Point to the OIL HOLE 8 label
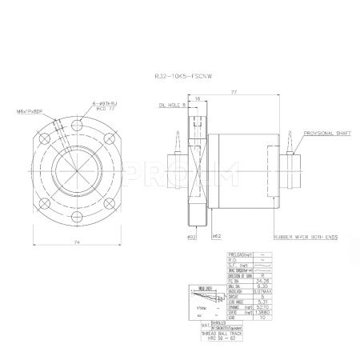[x=173, y=104]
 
